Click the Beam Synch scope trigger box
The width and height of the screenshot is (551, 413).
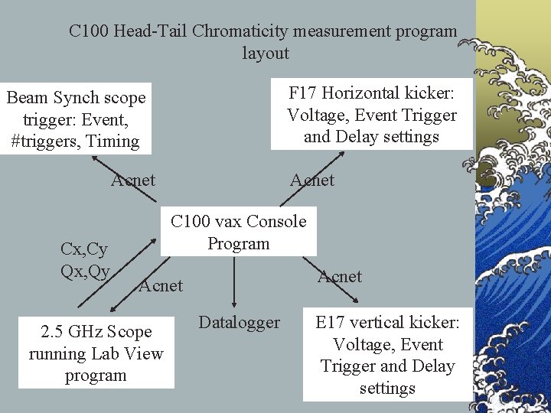tap(75, 119)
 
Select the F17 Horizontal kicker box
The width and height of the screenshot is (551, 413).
tap(371, 115)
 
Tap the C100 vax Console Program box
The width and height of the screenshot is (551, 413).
tap(238, 232)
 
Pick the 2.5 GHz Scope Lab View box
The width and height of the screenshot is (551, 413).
tap(96, 353)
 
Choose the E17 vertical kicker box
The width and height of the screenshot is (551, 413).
tap(387, 355)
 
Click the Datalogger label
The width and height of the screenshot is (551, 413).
tap(240, 323)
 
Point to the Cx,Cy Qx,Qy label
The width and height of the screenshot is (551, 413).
tap(85, 260)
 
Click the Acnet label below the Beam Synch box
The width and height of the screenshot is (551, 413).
tap(133, 180)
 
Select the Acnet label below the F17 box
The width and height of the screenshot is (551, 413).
tap(311, 180)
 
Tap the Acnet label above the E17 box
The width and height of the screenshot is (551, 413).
tap(340, 276)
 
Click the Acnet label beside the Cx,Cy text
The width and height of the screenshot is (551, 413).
tap(161, 286)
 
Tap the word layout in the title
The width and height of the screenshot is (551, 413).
tap(266, 54)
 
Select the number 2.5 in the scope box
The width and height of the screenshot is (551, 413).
tap(51, 332)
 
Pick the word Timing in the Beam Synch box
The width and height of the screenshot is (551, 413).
tap(112, 141)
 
